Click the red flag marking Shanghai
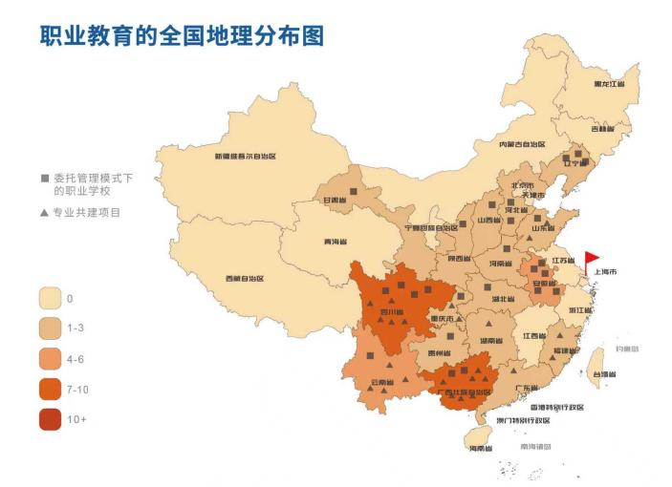(x=592, y=258)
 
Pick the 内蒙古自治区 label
(x=521, y=144)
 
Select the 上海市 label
(x=605, y=272)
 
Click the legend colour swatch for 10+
(x=51, y=418)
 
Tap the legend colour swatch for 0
(x=51, y=298)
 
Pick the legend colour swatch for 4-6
(x=51, y=358)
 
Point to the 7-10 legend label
(x=78, y=389)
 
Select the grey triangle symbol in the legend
(x=44, y=212)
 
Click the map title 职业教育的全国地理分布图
(x=182, y=35)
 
